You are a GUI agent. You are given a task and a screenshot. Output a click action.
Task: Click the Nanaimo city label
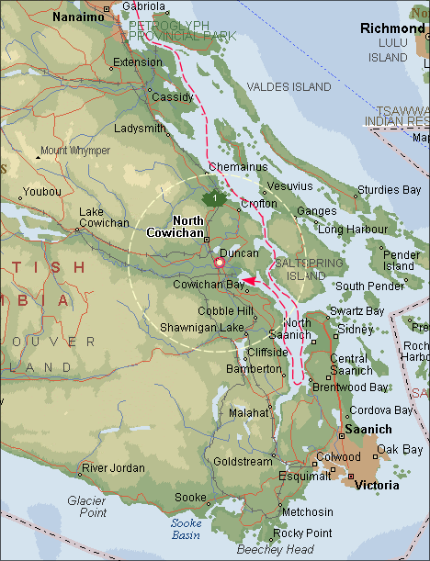tap(79, 17)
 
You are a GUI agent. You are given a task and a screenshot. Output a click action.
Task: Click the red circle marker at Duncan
tap(220, 264)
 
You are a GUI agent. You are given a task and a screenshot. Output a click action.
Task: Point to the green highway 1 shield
tap(214, 198)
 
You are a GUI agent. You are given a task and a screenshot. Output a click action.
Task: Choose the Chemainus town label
tap(237, 167)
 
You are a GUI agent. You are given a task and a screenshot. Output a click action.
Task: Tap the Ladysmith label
tap(141, 129)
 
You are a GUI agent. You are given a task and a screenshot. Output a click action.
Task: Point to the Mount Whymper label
tap(74, 150)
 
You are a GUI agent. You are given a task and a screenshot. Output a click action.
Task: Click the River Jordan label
tap(113, 467)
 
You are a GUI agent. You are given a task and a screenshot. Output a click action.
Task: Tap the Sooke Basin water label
tap(186, 528)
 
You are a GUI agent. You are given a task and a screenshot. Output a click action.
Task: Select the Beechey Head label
tap(275, 549)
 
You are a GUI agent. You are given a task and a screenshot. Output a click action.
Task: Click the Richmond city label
tap(392, 28)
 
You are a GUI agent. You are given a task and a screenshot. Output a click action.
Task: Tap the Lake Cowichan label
tap(104, 217)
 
